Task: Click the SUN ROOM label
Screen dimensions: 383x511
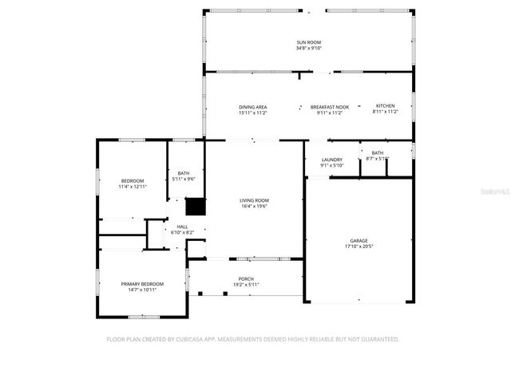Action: [308, 42]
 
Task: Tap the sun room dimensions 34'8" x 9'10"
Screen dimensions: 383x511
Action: [308, 48]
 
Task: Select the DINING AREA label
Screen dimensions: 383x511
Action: [252, 107]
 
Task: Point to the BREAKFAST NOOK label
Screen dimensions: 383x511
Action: [330, 107]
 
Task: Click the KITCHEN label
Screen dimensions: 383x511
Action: [385, 106]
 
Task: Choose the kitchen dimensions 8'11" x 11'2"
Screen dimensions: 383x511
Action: [385, 113]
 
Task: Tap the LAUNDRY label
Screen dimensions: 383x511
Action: [331, 160]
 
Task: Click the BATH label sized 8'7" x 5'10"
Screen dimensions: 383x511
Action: [377, 152]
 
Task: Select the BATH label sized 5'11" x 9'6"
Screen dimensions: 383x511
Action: [184, 173]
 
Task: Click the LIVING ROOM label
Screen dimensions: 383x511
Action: [255, 200]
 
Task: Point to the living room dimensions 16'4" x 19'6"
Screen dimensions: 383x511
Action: [255, 206]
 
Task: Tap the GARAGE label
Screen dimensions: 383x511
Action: [358, 240]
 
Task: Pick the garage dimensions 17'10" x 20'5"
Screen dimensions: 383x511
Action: [358, 246]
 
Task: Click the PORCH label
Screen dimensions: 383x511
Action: [245, 278]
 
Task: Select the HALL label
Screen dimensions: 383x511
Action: [182, 227]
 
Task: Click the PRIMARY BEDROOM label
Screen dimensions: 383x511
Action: [142, 284]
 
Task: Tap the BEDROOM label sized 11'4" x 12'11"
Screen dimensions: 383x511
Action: [133, 180]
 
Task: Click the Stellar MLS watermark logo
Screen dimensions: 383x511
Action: [496, 192]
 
